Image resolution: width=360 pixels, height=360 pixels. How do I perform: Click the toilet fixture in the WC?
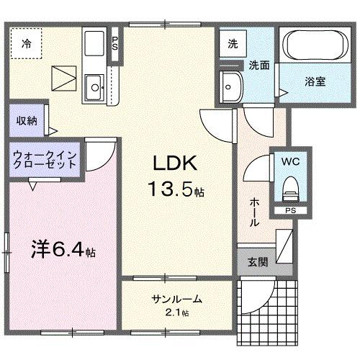tap(290, 189)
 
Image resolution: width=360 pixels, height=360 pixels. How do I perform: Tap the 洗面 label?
tap(259, 66)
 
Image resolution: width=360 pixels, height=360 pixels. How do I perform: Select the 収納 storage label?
tap(27, 121)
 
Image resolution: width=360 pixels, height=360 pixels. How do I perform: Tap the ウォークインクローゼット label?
tap(45, 160)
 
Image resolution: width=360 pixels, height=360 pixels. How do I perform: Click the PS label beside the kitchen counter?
tap(115, 42)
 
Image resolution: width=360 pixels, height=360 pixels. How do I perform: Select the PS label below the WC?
tap(289, 211)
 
